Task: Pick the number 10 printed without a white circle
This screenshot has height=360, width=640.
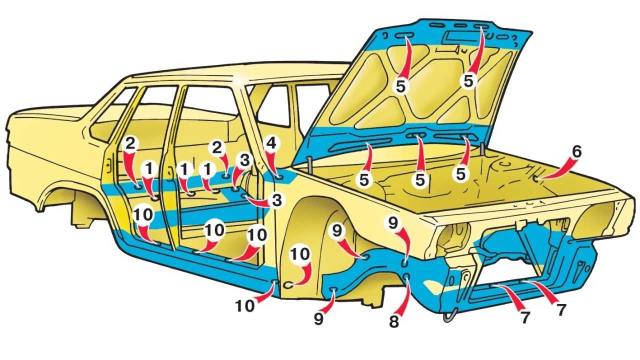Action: [245, 305]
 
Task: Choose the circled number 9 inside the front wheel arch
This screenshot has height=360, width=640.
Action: [336, 230]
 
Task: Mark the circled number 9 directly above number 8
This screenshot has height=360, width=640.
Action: [393, 222]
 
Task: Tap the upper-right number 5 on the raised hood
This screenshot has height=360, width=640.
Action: [468, 81]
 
